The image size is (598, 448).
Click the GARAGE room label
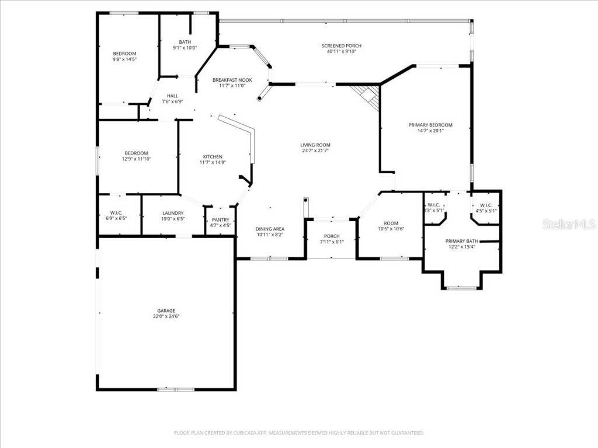point(166,311)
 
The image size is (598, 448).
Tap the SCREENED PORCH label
point(342,46)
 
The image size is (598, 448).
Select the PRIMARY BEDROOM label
point(430,125)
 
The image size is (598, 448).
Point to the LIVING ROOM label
point(315,145)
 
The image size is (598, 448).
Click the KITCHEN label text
point(213,157)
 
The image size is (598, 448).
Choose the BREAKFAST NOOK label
point(232,80)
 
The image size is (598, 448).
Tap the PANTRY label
point(221,220)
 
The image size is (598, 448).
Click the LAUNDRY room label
point(173,213)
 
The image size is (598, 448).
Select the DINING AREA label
point(270,229)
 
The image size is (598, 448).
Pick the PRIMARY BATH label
point(461,241)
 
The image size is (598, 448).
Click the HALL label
point(172,96)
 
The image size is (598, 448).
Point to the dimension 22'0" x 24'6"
point(166,317)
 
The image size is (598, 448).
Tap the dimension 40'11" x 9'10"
point(342,52)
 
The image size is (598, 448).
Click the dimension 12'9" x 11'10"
point(136,159)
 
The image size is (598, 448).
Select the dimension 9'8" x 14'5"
point(124,59)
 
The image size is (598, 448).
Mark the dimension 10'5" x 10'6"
point(391,229)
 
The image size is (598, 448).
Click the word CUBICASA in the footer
point(240,433)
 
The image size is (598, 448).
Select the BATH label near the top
point(185,42)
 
